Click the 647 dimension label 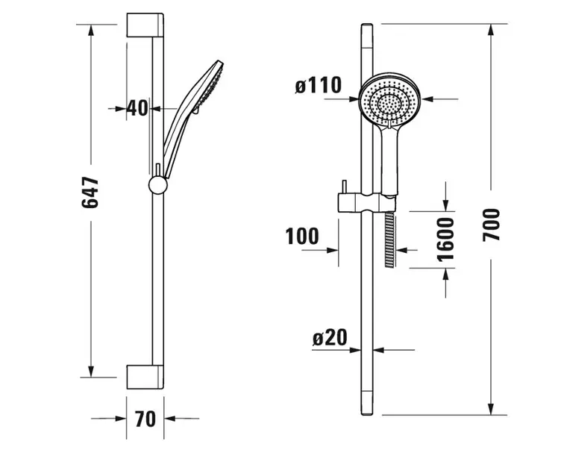click(x=90, y=192)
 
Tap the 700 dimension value click(x=491, y=225)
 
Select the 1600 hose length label click(x=446, y=239)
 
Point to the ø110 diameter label click(x=319, y=86)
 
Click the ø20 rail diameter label click(x=330, y=338)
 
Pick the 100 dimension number click(x=302, y=236)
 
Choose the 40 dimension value click(x=137, y=107)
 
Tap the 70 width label click(x=145, y=419)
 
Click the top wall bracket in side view click(x=145, y=25)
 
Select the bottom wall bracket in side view click(x=145, y=377)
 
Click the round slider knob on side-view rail click(x=158, y=185)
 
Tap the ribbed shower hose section click(x=390, y=239)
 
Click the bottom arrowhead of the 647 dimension click(x=91, y=372)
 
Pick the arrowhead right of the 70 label click(x=169, y=418)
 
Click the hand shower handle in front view click(x=389, y=161)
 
